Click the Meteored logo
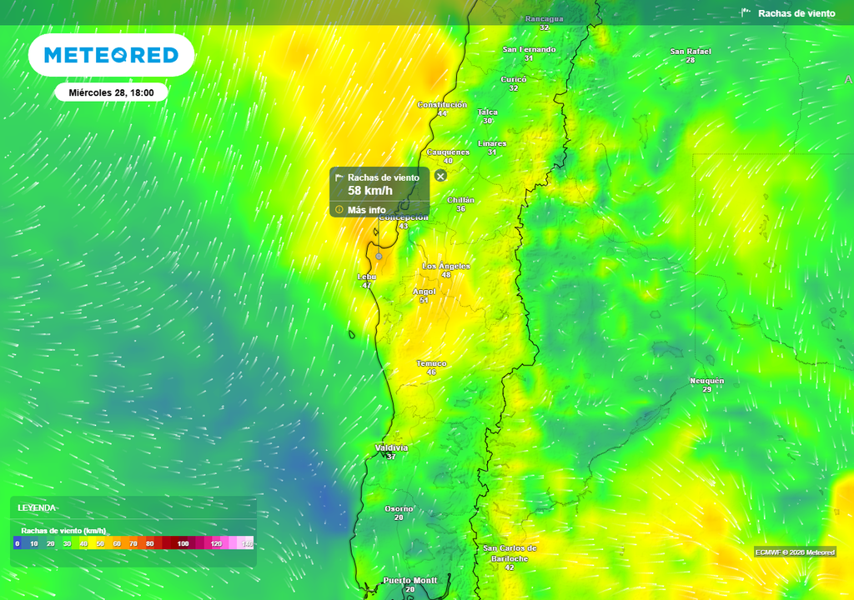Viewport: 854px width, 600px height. (x=111, y=55)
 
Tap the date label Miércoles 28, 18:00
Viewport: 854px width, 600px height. (x=111, y=92)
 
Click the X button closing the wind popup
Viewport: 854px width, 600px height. (x=440, y=175)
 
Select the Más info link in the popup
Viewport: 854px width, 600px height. (x=366, y=210)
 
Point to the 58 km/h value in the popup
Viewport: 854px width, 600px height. (x=369, y=191)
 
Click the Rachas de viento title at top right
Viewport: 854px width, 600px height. (x=796, y=13)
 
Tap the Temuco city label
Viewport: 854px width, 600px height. (x=431, y=363)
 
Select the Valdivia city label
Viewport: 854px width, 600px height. (x=391, y=447)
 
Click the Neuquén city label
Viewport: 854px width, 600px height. (x=706, y=381)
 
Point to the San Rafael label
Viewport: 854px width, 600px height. (x=691, y=52)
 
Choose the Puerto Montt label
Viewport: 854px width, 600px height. (x=409, y=580)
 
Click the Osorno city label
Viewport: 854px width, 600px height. (x=398, y=508)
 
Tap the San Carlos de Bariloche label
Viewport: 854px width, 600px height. (x=510, y=553)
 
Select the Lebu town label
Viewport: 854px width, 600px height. (x=366, y=276)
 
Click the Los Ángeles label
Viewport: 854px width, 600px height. (x=445, y=266)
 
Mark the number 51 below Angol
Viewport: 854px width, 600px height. (x=424, y=300)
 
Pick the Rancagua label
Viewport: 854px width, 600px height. (x=544, y=18)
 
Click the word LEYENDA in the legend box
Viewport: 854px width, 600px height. (x=37, y=507)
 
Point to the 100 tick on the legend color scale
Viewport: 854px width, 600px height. (x=183, y=543)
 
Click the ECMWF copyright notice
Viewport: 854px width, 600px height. (x=795, y=552)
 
